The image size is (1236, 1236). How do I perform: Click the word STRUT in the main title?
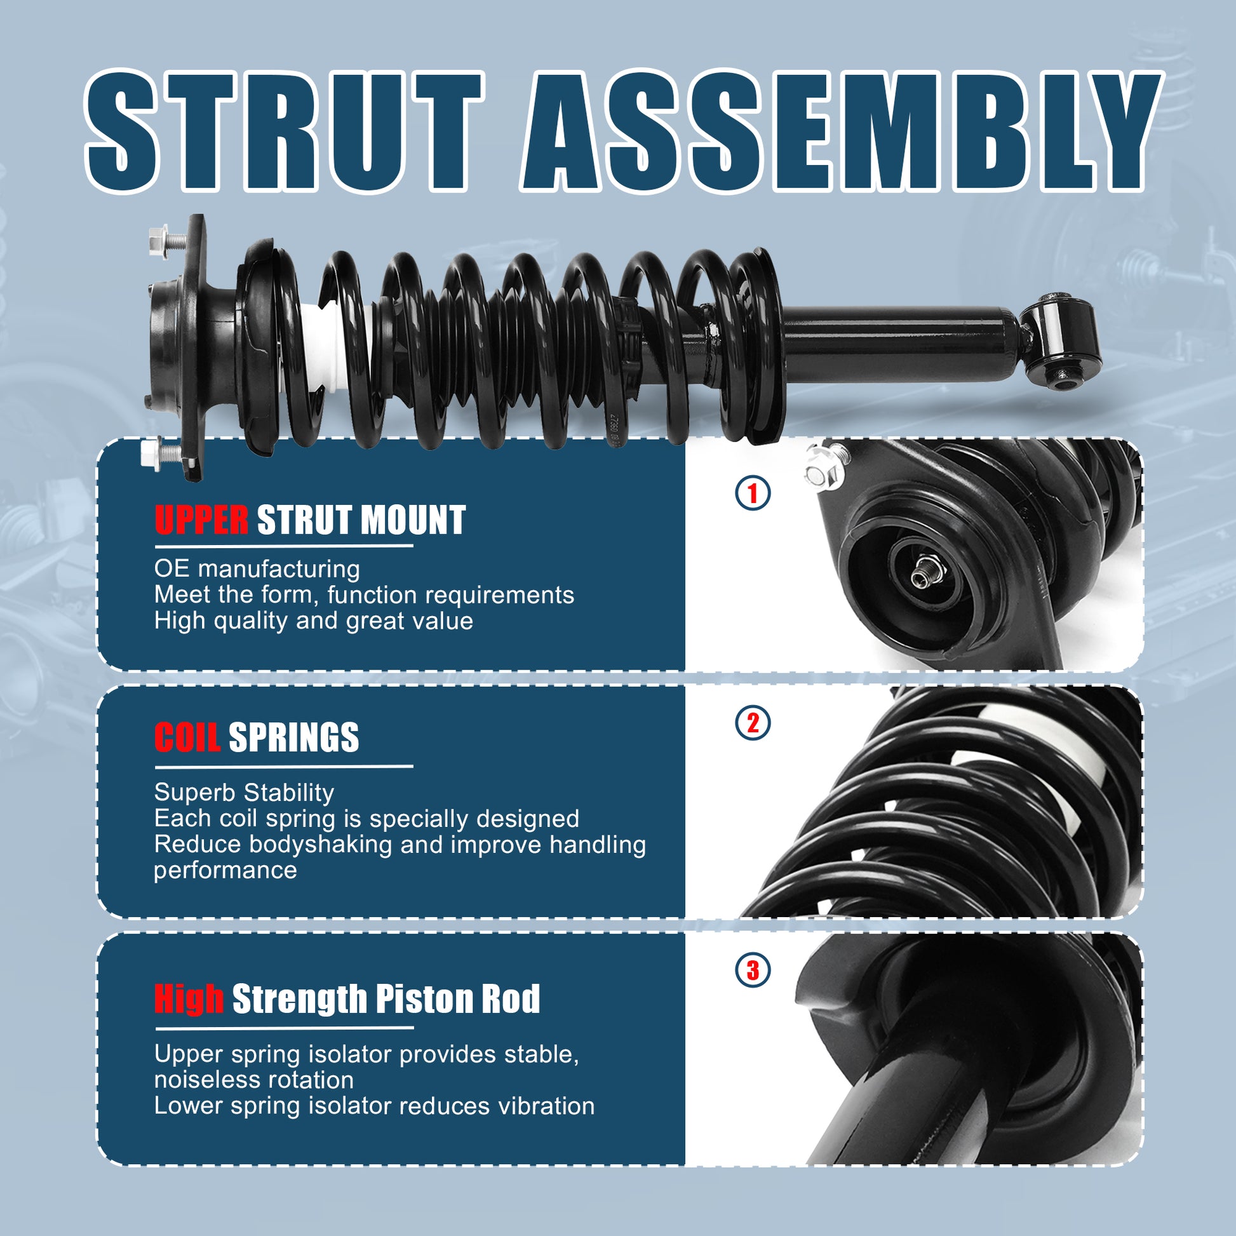click(x=284, y=131)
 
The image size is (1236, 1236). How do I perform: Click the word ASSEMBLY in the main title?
click(x=840, y=131)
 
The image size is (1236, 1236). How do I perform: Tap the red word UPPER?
click(x=201, y=520)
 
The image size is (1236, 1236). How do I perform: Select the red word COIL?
click(x=187, y=737)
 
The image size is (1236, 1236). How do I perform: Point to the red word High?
click(x=189, y=999)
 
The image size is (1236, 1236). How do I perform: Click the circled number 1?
click(x=753, y=494)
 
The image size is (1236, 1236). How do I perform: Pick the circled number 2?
click(x=753, y=723)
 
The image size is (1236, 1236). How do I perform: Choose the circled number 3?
click(x=753, y=971)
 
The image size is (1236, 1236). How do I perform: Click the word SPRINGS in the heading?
click(x=293, y=737)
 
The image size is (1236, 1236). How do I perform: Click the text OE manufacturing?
click(x=257, y=568)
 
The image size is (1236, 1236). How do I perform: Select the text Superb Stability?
click(x=245, y=793)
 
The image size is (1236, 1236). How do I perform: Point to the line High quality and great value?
click(x=314, y=621)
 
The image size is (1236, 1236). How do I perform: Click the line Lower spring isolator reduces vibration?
click(x=374, y=1106)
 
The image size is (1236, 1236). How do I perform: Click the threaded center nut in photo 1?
click(x=922, y=572)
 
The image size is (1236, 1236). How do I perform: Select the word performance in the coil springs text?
click(x=225, y=871)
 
